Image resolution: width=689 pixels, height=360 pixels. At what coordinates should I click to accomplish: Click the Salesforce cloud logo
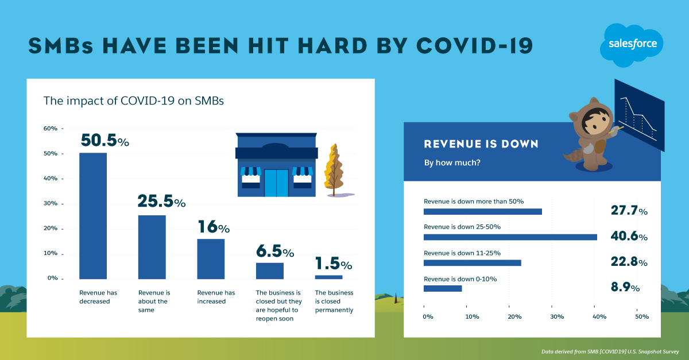632,45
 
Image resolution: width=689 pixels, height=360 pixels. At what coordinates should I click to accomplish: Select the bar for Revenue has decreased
92,215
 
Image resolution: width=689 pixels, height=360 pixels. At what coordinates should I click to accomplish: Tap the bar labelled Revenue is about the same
152,247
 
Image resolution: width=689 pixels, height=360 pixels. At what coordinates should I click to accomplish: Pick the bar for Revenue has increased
211,258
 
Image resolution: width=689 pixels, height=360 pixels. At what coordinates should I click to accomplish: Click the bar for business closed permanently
328,277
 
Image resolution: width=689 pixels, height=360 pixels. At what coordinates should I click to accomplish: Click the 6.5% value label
274,252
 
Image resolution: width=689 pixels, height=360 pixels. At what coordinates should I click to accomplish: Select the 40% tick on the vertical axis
51,179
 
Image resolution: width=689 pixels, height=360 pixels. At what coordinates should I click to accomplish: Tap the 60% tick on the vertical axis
51,129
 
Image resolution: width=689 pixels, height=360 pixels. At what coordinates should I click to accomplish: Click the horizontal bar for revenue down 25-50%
510,237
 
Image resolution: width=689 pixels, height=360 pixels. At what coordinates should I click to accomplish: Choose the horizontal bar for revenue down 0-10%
443,288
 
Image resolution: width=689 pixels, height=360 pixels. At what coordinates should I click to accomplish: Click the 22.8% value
629,262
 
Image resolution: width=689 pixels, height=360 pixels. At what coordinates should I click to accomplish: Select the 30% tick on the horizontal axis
556,316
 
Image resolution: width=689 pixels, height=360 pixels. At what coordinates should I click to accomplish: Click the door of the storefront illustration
277,183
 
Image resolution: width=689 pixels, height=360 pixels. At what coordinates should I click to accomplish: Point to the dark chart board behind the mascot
639,115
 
